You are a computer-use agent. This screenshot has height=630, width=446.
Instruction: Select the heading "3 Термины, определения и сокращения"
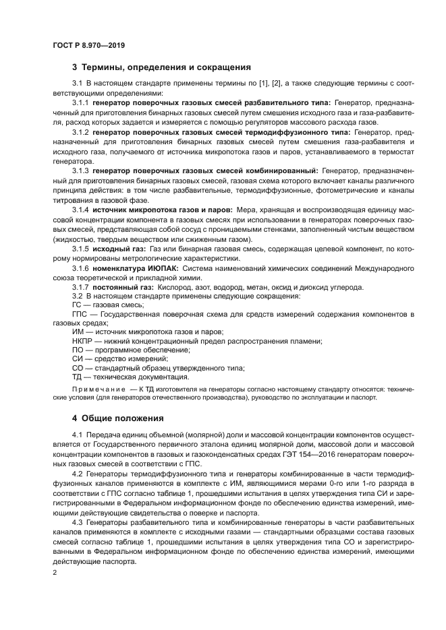point(161,67)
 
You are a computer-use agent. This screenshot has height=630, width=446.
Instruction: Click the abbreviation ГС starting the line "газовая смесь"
point(76,305)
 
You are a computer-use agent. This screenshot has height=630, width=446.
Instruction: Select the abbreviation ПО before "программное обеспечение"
point(77,350)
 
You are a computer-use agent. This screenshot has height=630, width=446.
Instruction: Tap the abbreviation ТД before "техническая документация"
point(76,377)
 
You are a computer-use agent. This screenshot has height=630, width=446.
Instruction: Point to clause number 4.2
point(76,474)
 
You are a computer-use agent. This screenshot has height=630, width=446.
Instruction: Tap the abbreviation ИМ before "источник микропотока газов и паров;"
point(77,332)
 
